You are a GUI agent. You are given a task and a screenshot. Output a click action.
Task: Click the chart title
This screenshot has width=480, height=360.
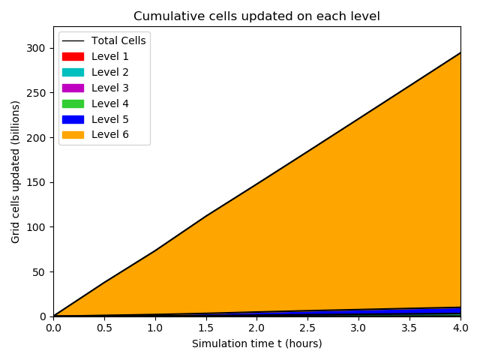257,16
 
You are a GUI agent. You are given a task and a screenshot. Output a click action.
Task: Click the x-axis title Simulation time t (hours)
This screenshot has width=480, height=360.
257,343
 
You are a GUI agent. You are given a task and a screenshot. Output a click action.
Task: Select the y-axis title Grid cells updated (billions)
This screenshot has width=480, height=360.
16,171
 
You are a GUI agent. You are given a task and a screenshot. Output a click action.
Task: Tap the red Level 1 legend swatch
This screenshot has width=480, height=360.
73,56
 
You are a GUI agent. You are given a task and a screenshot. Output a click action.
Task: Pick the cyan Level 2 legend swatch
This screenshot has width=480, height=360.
73,72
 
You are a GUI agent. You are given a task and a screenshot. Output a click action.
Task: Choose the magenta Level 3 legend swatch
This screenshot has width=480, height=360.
73,88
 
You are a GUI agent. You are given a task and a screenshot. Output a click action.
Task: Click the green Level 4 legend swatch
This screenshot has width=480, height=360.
73,103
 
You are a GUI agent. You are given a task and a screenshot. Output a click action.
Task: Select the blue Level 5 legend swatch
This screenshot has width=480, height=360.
73,119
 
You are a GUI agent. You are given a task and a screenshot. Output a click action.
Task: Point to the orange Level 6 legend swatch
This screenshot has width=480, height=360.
73,135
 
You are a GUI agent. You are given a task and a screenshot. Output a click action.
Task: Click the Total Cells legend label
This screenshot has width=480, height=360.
118,40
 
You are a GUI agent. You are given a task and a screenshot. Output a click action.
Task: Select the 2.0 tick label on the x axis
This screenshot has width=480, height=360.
256,328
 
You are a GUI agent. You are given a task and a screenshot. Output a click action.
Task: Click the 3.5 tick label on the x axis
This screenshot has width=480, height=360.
409,328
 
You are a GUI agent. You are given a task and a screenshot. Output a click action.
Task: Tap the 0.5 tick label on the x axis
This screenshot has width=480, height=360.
104,328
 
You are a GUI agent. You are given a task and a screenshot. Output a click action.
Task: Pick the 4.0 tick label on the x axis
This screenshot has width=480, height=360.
460,328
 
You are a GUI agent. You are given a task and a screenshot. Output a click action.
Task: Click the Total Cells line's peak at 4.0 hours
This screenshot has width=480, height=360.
460,52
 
